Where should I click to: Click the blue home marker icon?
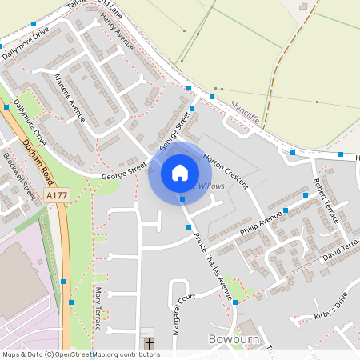[x=180, y=173]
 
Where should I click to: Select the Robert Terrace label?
[x=326, y=200]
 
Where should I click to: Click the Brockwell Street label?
[x=20, y=175]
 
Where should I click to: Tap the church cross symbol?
[x=149, y=343]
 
